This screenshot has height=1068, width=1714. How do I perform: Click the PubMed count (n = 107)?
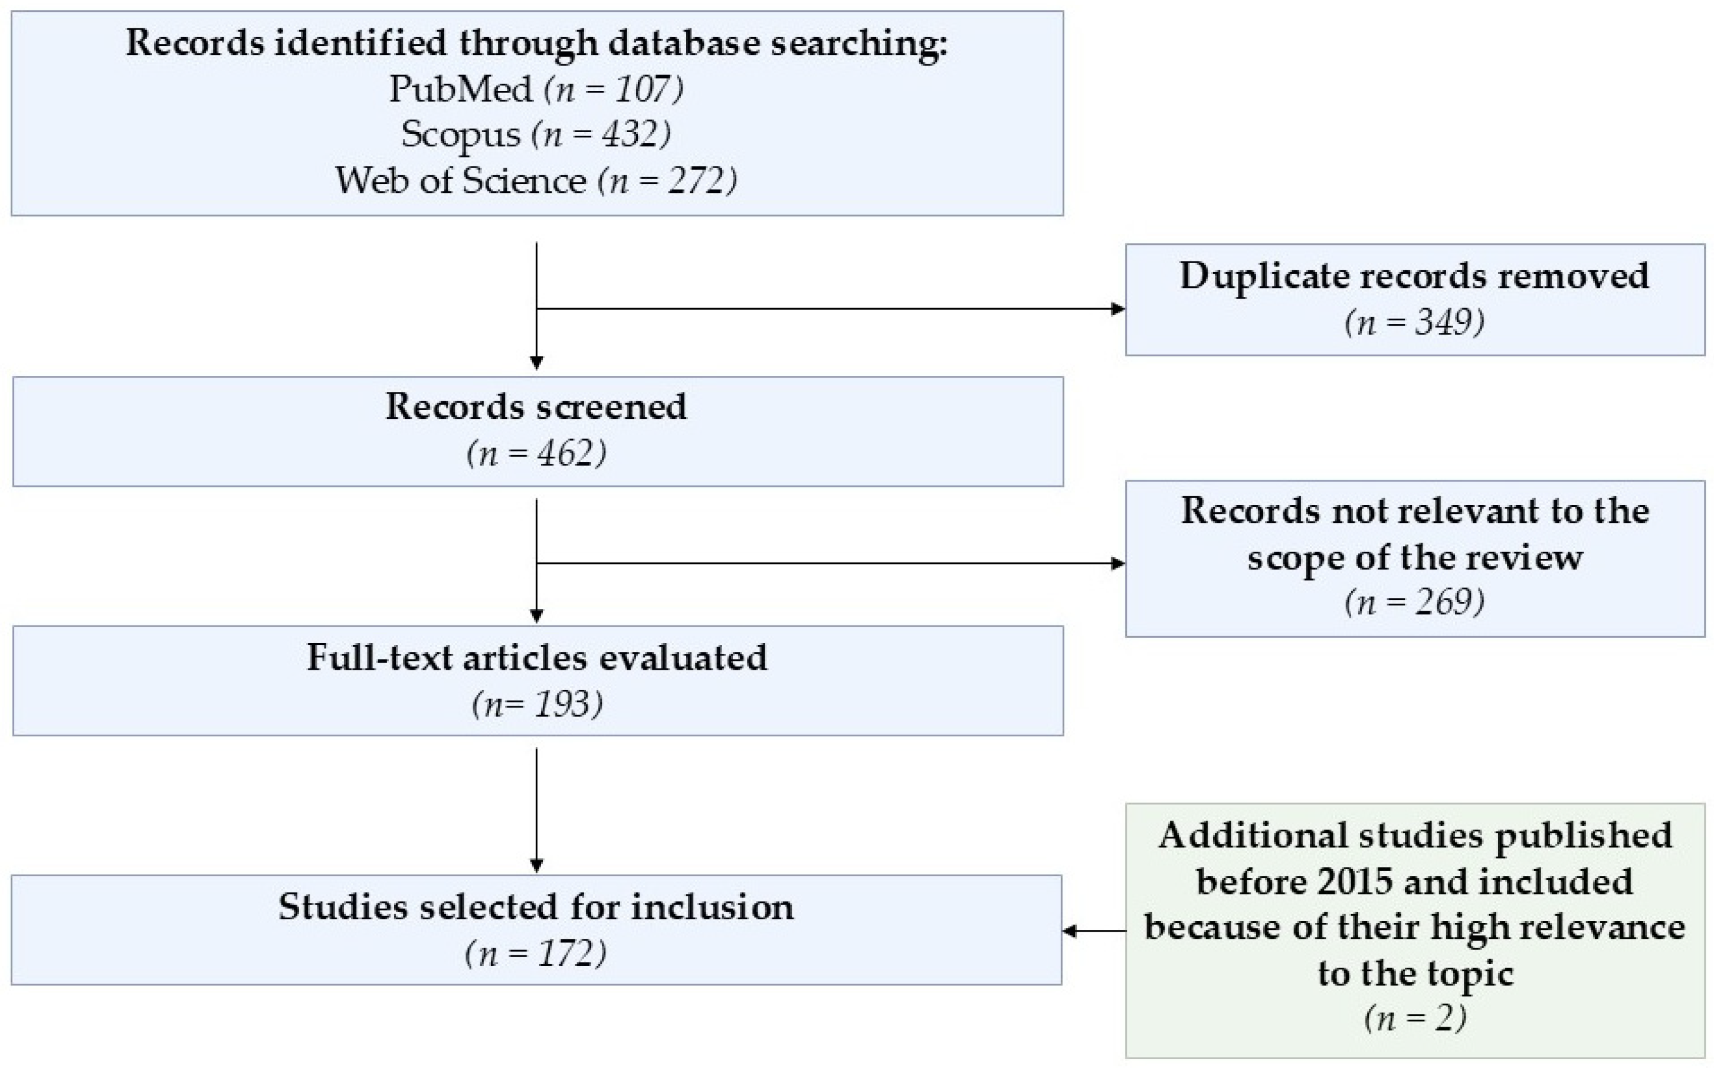(613, 90)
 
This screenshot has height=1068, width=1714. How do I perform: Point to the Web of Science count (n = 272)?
(667, 181)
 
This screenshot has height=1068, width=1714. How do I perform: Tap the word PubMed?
(460, 89)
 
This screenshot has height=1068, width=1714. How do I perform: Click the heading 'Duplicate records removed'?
(1414, 276)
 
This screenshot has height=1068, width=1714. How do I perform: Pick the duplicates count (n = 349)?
(1414, 323)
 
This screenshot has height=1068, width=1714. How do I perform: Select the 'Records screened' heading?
(536, 407)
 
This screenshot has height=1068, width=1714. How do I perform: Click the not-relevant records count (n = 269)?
(1414, 602)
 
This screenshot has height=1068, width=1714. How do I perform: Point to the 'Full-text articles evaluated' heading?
(537, 657)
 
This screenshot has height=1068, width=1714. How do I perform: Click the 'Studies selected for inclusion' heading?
(536, 907)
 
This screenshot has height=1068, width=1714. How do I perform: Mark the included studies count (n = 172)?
(535, 954)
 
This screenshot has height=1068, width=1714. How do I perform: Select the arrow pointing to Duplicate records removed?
(831, 309)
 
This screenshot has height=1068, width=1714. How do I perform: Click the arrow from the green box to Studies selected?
(1094, 932)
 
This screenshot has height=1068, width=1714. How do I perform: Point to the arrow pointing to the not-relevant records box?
(831, 563)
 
